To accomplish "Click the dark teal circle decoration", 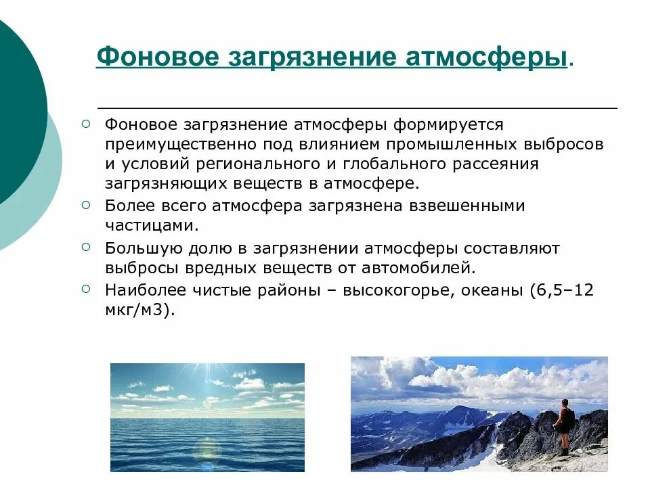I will pyautogui.click(x=17, y=101).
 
